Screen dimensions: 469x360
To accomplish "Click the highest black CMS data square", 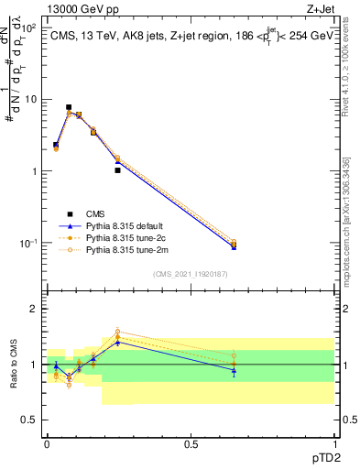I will [x=69, y=107].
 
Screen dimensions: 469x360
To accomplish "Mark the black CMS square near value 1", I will [x=118, y=170].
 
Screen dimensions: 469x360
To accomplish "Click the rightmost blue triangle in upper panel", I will [x=234, y=246].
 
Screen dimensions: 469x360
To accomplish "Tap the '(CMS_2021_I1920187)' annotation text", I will [x=190, y=274].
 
